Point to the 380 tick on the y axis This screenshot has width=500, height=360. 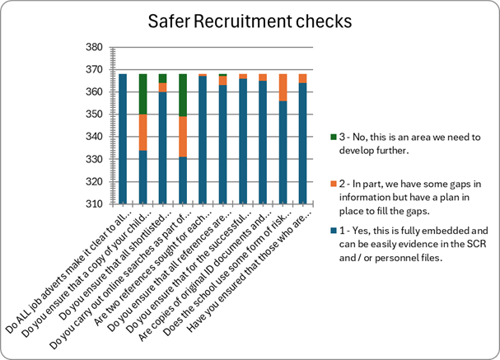(x=103, y=48)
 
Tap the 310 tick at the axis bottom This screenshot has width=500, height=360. (x=103, y=203)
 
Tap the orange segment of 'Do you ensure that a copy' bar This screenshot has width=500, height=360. (x=143, y=132)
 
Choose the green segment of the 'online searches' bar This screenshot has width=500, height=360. (x=183, y=95)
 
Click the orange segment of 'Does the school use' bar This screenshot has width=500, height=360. (x=283, y=87)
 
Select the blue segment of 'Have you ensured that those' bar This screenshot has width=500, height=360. (x=303, y=143)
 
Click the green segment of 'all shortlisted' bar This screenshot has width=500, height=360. (x=163, y=78)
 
